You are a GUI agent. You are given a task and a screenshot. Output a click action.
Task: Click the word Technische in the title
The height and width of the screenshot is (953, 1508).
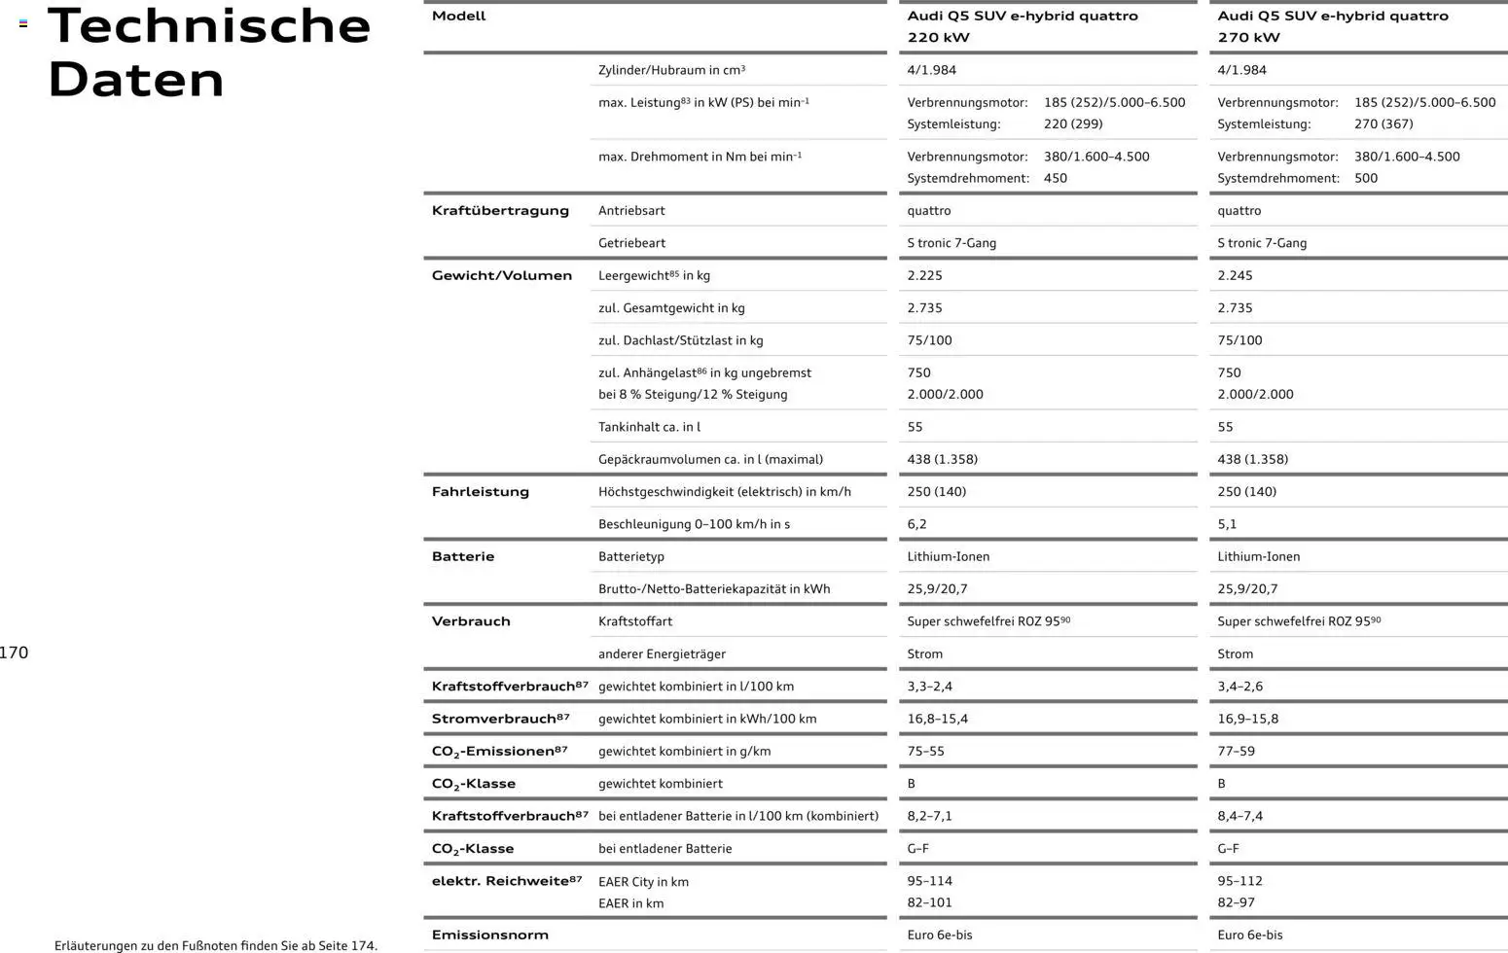pos(209,26)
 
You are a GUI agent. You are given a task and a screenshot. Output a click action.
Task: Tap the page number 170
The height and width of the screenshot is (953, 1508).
pos(15,653)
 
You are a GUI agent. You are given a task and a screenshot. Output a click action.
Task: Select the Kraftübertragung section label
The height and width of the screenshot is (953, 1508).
pos(500,211)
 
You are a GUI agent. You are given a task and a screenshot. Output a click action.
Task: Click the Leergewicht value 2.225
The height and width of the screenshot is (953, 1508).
pos(924,275)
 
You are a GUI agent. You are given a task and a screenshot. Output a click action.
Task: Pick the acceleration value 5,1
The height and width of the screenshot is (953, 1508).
pos(1227,524)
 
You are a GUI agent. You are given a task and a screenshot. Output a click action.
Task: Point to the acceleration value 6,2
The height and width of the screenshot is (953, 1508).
pos(916,524)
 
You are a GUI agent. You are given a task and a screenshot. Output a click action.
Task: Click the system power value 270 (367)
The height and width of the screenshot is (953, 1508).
pos(1383,124)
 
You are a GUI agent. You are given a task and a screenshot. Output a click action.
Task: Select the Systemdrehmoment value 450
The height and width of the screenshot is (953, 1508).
pos(1056,179)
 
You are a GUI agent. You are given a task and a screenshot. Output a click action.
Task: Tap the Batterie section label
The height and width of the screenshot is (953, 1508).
pos(463,557)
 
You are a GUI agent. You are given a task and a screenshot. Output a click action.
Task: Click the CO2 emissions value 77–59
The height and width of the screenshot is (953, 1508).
pos(1236,752)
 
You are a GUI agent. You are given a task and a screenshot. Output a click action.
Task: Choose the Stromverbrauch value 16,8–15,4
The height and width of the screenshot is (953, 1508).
pos(937,720)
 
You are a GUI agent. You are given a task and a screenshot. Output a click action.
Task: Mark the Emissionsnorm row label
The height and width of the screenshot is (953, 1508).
pos(489,935)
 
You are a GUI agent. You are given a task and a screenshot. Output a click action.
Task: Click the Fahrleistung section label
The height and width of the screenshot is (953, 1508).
pos(481,492)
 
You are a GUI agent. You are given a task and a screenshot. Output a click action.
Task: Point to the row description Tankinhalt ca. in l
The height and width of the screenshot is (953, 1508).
pos(649,427)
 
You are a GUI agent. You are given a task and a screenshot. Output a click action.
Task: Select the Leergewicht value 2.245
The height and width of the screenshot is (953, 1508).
pos(1235,275)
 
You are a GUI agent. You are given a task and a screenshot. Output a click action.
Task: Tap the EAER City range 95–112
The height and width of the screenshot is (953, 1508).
pos(1239,881)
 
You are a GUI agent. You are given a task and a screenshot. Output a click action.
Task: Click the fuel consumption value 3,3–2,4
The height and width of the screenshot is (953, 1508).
pos(929,687)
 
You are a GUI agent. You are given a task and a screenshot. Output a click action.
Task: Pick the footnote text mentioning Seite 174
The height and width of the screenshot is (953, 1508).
pos(216,945)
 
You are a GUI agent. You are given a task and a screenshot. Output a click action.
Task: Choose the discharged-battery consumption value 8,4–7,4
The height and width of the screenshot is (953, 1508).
pos(1239,817)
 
